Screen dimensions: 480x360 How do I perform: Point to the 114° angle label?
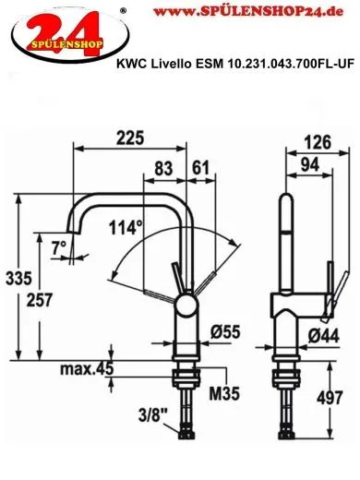[126, 226]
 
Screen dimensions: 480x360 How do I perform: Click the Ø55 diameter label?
[225, 330]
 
